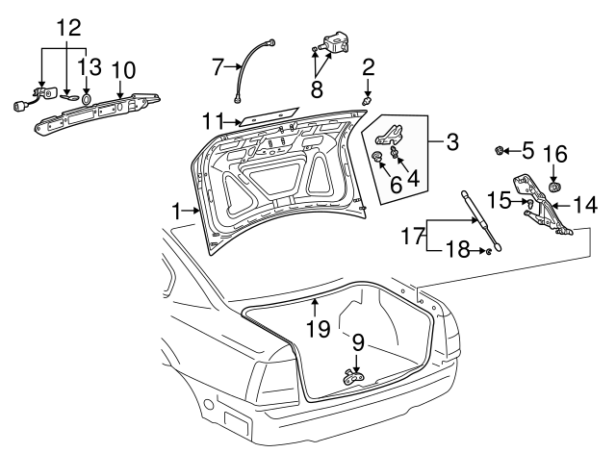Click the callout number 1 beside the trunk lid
coord(176,210)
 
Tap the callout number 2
coord(368,66)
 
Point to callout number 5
coord(527,150)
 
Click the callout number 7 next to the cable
coord(218,66)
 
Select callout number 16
coord(553,154)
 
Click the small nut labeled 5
coord(501,150)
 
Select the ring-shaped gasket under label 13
coord(86,98)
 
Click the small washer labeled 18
coord(489,252)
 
